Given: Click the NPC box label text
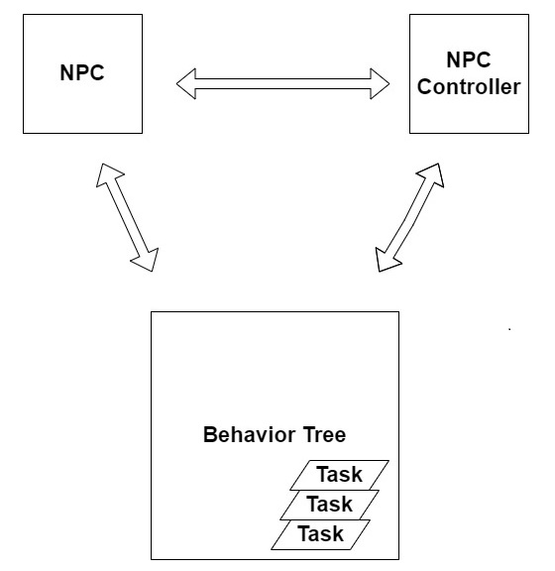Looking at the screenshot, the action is [82, 72].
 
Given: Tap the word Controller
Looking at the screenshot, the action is [469, 86].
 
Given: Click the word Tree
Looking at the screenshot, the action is [324, 434].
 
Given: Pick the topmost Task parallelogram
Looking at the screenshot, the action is [339, 475].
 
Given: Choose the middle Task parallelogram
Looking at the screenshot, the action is [330, 505].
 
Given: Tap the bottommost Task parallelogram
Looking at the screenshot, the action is [320, 534].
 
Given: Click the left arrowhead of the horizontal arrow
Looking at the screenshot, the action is [186, 83].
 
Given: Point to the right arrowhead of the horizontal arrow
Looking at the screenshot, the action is [380, 83].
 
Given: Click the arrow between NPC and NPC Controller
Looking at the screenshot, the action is [283, 83].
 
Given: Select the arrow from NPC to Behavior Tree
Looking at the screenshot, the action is [127, 217].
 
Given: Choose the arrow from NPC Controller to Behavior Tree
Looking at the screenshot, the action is [409, 217].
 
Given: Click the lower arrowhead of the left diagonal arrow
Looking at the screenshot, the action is [147, 260].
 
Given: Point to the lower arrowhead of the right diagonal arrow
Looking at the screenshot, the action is [387, 260].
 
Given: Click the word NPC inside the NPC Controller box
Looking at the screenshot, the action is [469, 59].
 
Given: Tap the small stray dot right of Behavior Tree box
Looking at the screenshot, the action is [509, 329].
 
